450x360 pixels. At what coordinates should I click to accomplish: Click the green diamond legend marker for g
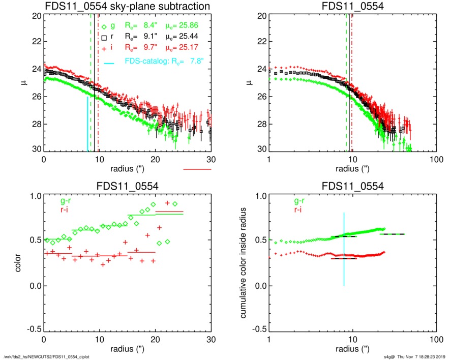[x=104, y=26]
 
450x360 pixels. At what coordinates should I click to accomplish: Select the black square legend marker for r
[x=104, y=38]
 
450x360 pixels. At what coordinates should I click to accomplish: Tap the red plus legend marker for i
[x=104, y=48]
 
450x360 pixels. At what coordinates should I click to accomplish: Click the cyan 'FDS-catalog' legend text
[x=148, y=62]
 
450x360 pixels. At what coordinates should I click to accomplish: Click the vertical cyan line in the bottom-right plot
[x=344, y=249]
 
